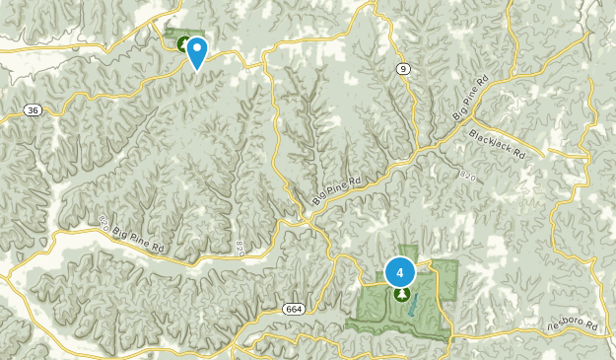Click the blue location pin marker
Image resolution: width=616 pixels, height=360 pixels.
197,51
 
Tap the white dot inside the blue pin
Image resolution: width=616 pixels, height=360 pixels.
197,46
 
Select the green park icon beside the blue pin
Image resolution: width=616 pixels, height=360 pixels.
183,43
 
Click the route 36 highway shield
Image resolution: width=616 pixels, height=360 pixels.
34,111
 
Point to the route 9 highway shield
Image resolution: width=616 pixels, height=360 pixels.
403,68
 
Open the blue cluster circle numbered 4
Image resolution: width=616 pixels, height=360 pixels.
400,270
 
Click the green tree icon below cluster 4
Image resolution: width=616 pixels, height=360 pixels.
401,294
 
